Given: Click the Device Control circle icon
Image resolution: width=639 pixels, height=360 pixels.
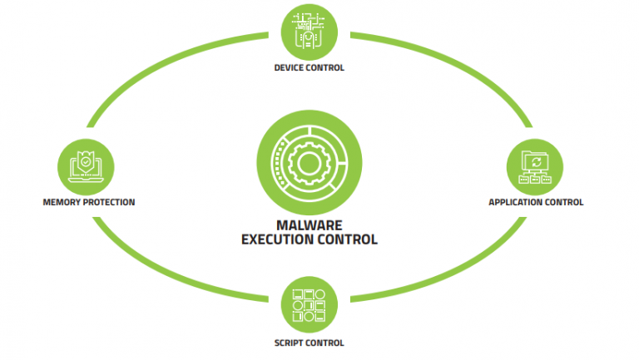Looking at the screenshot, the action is pos(310,32).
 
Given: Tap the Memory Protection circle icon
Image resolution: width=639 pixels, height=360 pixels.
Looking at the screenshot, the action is pos(86,167).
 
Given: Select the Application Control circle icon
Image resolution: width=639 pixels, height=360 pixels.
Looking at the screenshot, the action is pos(535,167).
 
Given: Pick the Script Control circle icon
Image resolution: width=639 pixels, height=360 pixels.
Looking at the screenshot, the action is pos(310,304).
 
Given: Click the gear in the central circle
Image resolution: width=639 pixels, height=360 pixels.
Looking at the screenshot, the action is pos(310,163).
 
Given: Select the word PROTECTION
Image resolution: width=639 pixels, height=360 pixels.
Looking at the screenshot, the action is pos(109,202).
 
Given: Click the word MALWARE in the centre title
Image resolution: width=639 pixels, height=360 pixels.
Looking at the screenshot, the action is pos(310,225).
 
